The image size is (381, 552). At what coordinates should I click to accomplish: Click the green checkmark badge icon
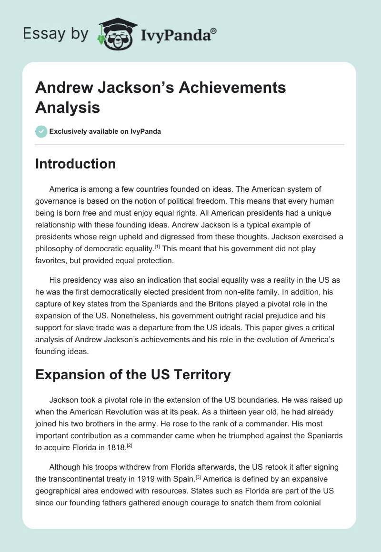point(41,131)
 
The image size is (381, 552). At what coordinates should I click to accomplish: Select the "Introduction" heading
point(76,164)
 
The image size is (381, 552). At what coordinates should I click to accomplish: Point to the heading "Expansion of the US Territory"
point(133,375)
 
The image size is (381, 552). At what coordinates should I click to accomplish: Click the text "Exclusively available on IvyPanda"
point(105,131)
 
